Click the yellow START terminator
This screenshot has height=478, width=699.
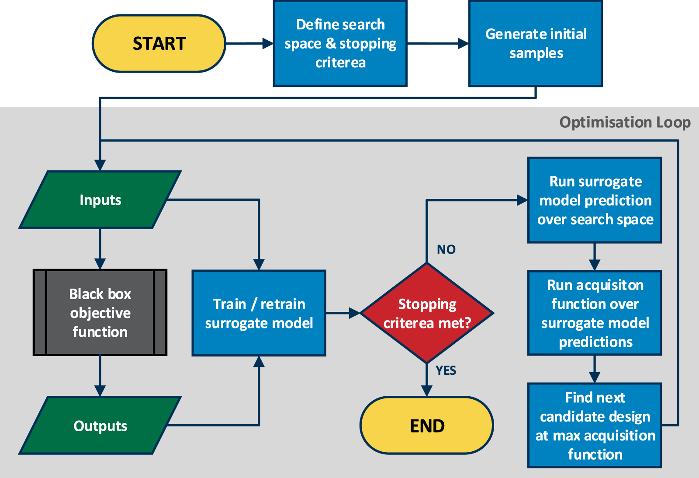point(159,43)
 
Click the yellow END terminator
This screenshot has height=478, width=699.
point(427,426)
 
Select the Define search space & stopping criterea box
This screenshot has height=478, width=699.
point(340,43)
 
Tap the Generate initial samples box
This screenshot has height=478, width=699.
point(536,43)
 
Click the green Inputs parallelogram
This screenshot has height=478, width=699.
point(100,200)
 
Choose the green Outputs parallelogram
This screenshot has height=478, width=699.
point(100,426)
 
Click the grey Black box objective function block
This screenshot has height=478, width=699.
point(100,313)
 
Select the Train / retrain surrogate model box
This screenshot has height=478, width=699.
point(259,313)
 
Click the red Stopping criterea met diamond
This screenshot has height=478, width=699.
point(427,313)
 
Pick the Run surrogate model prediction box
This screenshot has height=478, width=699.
point(595,200)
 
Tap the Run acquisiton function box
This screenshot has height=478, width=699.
point(595,313)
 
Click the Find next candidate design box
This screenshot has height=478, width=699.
point(595,426)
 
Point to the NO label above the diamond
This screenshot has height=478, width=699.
point(446,250)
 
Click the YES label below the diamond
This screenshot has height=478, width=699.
point(446,371)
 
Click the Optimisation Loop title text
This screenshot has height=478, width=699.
point(625,122)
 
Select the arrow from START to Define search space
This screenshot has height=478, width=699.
point(249,43)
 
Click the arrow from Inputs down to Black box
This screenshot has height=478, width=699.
point(100,248)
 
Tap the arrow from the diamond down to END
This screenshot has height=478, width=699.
point(427,380)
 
